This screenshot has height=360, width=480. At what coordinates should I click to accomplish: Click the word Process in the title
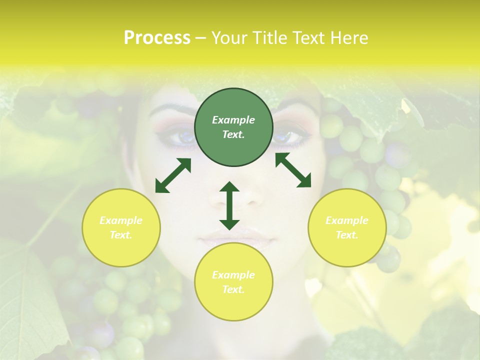click(x=157, y=38)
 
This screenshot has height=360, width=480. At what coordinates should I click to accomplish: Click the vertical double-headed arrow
click(x=229, y=205)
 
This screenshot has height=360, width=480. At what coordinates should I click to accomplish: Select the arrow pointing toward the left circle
click(x=173, y=175)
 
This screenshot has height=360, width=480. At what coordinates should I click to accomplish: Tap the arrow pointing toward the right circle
click(x=293, y=170)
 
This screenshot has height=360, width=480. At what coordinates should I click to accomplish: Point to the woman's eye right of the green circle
click(x=288, y=135)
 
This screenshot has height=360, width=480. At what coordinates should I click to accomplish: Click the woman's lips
click(x=235, y=238)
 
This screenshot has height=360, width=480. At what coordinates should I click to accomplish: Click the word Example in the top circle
click(x=233, y=120)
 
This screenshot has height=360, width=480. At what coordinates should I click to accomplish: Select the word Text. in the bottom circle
click(x=233, y=289)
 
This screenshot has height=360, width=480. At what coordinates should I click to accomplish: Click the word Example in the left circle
click(x=121, y=220)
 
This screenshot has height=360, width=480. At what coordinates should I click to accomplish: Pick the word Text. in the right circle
click(x=347, y=235)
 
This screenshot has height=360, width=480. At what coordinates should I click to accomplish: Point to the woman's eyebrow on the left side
click(x=170, y=108)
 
